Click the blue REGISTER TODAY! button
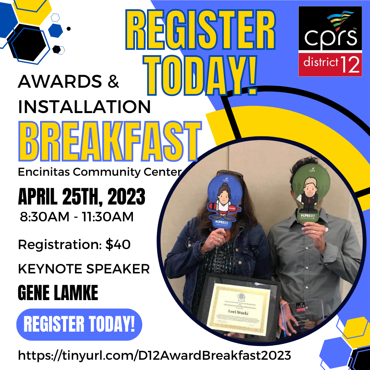pos(79,324)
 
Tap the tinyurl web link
pos(155,355)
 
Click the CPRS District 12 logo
pos(330,41)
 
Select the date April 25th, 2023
pos(82,198)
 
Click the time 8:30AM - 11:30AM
pos(77,217)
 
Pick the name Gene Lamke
pos(58,293)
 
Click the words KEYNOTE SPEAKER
pos(84,269)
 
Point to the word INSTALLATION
pos(84,107)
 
